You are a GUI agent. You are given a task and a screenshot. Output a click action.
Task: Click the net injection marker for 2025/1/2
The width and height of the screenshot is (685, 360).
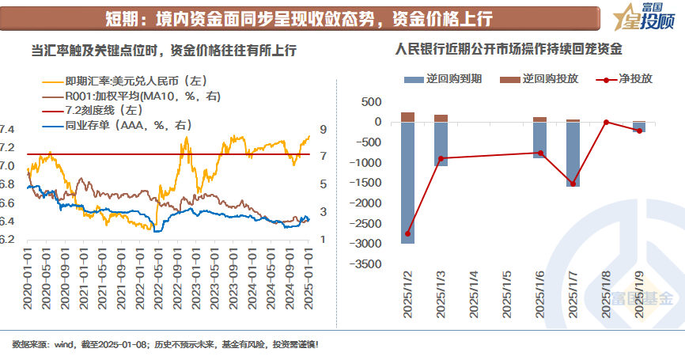click(x=408, y=233)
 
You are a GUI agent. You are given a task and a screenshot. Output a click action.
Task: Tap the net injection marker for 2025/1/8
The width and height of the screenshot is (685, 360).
click(x=606, y=122)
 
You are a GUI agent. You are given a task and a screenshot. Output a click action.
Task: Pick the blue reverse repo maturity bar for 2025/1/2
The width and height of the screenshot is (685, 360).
click(x=408, y=182)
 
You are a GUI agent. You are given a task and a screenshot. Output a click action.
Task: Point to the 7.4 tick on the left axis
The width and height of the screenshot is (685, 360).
click(x=7, y=129)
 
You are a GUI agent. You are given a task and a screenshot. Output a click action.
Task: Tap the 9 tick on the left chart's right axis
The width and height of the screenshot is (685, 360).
click(x=323, y=129)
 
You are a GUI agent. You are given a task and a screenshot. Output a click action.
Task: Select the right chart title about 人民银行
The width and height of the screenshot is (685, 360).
click(x=509, y=49)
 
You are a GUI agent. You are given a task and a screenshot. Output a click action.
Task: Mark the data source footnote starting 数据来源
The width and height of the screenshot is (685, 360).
click(x=165, y=345)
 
